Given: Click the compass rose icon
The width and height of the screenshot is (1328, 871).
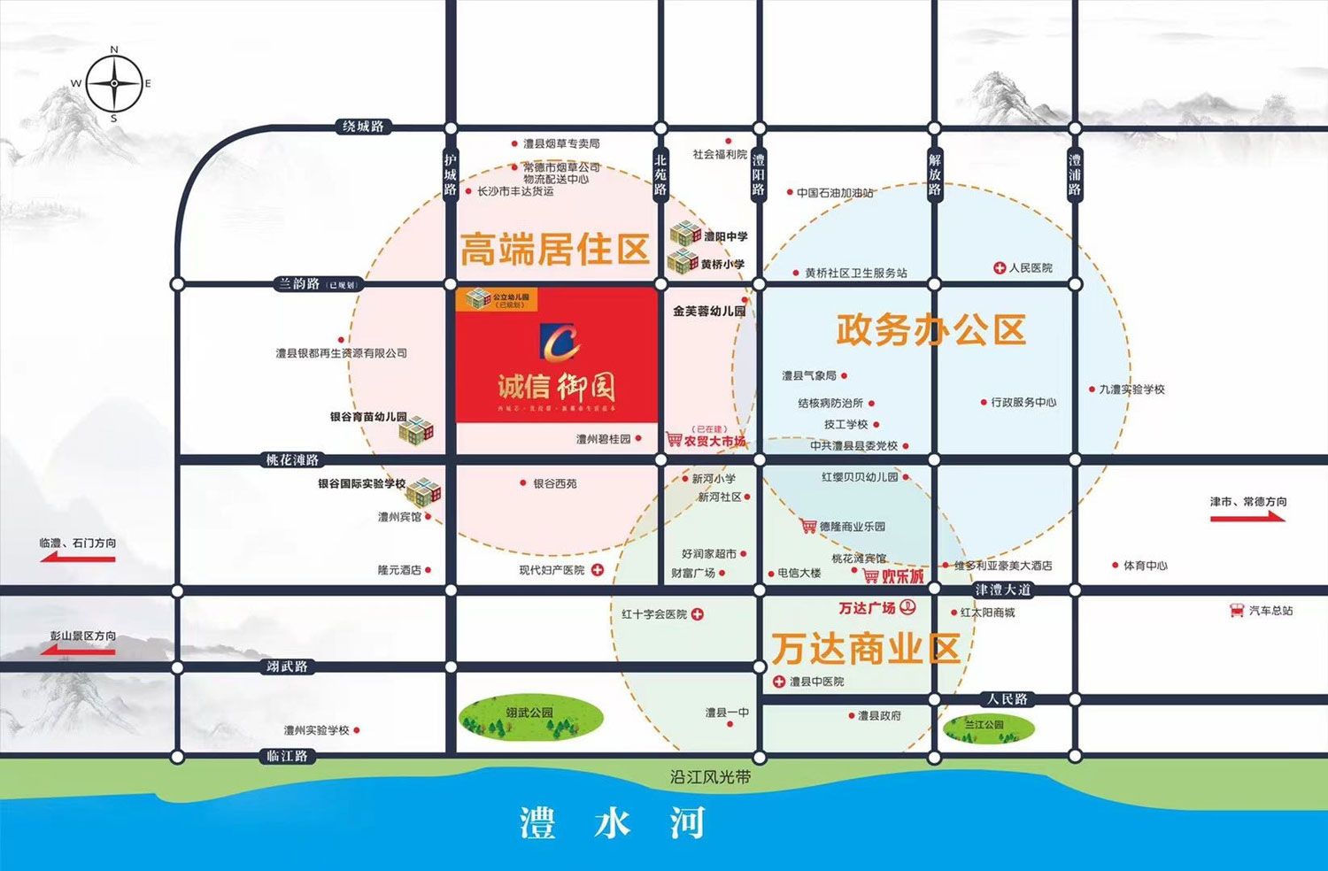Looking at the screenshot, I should pos(113,84).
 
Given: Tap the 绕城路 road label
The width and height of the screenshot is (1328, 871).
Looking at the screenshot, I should pos(363,127).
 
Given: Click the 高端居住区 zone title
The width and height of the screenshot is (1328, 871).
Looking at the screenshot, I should pos(555,250).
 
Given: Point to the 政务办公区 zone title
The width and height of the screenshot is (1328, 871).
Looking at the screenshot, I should pos(930,330).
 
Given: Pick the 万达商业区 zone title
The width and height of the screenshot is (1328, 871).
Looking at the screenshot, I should pos(865,649).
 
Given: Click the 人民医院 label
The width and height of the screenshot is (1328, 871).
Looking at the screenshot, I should pos(1030,267).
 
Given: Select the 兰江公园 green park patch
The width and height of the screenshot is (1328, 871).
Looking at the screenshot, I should pos(987,727).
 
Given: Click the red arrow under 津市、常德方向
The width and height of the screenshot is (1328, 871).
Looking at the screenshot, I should pos(1247,517).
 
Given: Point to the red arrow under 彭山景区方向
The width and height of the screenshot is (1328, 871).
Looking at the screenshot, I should pos(81,651).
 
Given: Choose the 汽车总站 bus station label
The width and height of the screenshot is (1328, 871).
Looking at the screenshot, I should pos(1270,611).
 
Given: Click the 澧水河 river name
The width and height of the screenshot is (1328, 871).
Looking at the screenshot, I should pos(613,823).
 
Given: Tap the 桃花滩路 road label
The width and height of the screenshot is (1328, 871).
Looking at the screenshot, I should pos(292,460).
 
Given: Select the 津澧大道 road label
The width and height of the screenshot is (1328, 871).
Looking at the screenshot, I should pos(1003,590).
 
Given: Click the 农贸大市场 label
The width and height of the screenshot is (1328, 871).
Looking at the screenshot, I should pos(714,441).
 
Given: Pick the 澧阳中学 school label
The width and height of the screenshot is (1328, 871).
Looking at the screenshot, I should pos(725,236).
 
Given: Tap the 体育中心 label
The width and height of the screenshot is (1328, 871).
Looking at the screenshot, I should pos(1145,565).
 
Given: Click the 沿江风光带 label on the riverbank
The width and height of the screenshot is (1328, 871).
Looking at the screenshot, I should pos(710,777).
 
